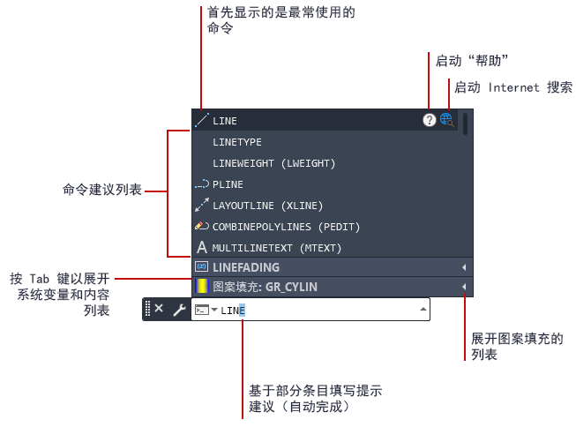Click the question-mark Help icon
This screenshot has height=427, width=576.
[x=429, y=120]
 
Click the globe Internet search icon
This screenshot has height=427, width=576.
[x=446, y=120]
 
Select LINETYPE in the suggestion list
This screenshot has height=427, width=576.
[x=237, y=142]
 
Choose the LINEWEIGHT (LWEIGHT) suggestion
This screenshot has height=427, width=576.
[x=274, y=163]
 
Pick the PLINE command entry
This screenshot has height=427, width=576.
[x=228, y=184]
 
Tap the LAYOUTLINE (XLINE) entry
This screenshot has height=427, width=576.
[x=268, y=206]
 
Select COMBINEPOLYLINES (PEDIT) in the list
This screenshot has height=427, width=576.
[x=286, y=227]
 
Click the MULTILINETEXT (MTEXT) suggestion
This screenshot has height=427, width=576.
[x=277, y=248]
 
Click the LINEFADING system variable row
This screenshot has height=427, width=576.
[x=246, y=267]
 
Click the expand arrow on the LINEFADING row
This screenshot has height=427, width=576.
[x=464, y=267]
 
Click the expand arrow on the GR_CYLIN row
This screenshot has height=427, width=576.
[x=464, y=287]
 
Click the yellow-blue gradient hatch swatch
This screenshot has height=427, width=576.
[x=201, y=287]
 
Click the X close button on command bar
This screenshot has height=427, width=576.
[x=159, y=308]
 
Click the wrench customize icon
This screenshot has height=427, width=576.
[x=180, y=311]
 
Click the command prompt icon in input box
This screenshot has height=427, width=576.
[x=202, y=310]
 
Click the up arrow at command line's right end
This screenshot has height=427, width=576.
[x=423, y=310]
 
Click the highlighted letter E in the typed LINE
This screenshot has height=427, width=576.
[x=242, y=311]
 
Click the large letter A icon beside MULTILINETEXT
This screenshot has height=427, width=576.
[x=202, y=247]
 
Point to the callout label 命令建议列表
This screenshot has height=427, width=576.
[x=102, y=190]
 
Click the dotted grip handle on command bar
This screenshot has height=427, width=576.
[x=147, y=308]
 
